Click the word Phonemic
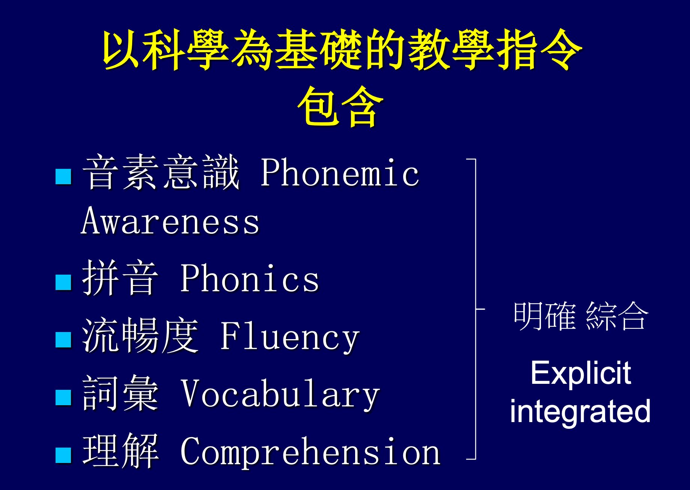(x=340, y=173)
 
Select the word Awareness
(x=170, y=221)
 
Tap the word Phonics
(x=250, y=278)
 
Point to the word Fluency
(x=289, y=337)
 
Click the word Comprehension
(x=310, y=451)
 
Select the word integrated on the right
(x=580, y=411)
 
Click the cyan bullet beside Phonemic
(x=63, y=176)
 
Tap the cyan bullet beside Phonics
(x=63, y=282)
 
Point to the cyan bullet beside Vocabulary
(x=63, y=397)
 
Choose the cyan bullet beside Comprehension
(x=63, y=455)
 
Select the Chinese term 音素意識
(x=161, y=172)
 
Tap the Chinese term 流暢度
(x=140, y=335)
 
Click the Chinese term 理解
(x=121, y=451)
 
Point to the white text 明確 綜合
(x=580, y=316)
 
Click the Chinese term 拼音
(x=121, y=278)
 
